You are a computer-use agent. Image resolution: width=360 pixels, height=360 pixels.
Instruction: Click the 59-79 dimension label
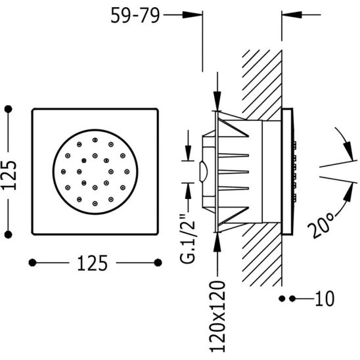tap(135, 16)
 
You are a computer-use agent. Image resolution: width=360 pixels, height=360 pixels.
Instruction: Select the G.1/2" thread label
tap(188, 238)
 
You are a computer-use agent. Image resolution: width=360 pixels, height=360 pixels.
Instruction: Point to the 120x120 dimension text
tap(217, 317)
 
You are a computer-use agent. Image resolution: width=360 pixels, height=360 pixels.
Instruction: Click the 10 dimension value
tap(325, 299)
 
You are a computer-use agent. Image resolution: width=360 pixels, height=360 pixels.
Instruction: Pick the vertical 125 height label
tap(9, 175)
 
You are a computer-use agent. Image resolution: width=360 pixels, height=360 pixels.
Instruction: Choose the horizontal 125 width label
tap(92, 263)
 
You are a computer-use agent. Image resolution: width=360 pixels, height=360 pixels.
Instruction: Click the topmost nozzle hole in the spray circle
tap(95, 140)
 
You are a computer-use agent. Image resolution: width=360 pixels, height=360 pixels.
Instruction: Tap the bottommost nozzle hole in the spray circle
tap(95, 204)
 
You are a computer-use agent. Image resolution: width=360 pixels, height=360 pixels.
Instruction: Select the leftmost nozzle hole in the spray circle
tap(63, 171)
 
